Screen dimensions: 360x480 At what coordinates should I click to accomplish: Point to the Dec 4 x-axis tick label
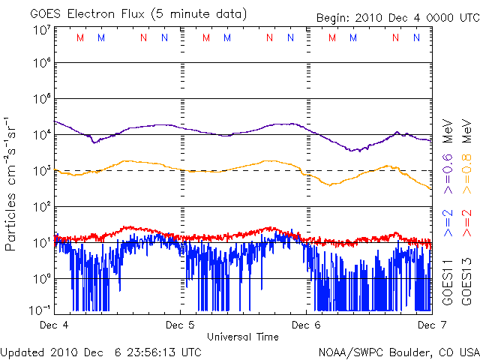click(x=55, y=325)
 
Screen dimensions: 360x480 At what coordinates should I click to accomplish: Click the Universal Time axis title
click(x=243, y=337)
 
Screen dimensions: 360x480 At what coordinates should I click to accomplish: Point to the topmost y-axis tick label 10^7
click(x=42, y=30)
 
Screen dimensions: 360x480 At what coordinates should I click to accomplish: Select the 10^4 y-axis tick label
click(x=42, y=134)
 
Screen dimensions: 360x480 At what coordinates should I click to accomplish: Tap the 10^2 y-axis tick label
click(x=42, y=206)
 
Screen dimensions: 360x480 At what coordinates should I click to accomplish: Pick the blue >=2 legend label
click(x=448, y=223)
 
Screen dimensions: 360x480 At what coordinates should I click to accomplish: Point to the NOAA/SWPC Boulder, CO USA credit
click(x=398, y=352)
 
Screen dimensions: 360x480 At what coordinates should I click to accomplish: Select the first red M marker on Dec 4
click(x=80, y=37)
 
